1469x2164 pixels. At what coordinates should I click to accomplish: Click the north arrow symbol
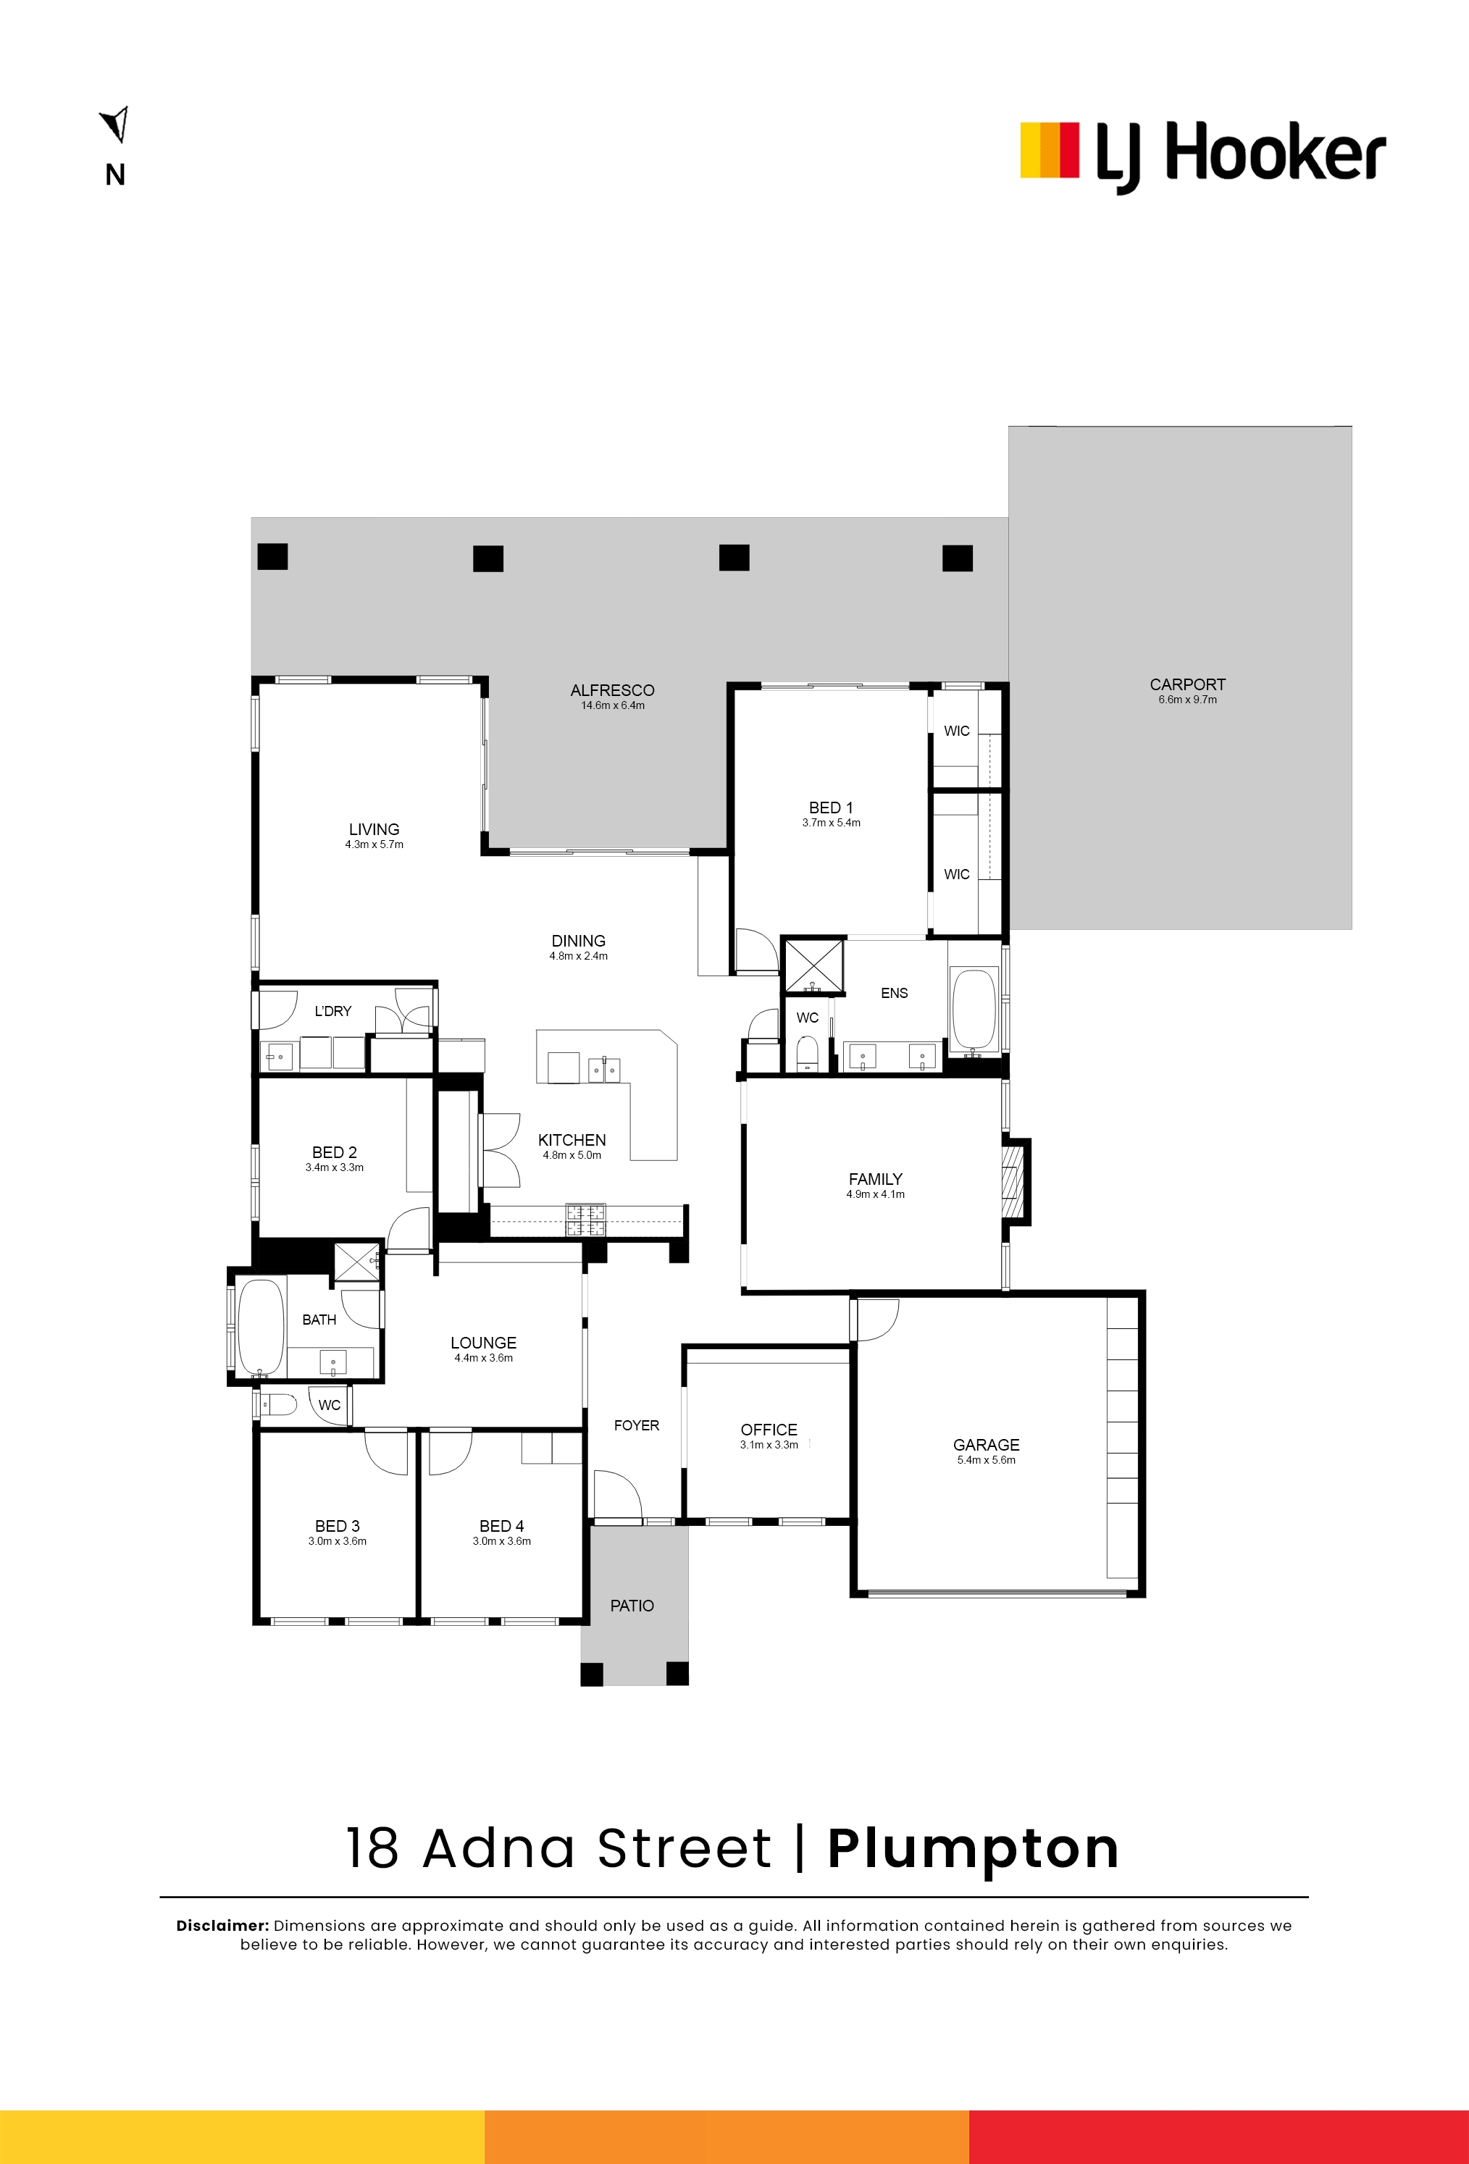pyautogui.click(x=115, y=124)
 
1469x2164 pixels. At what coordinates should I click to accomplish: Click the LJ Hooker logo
pyautogui.click(x=1202, y=156)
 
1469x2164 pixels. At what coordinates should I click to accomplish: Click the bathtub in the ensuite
pyautogui.click(x=974, y=1010)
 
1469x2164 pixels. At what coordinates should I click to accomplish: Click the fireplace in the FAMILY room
pyautogui.click(x=1013, y=1180)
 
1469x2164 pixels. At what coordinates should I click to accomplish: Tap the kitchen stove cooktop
pyautogui.click(x=586, y=1220)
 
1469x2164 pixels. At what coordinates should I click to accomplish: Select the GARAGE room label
pyautogui.click(x=986, y=1444)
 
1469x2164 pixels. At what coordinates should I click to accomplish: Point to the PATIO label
pyautogui.click(x=632, y=1606)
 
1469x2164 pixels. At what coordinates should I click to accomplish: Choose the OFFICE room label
pyautogui.click(x=769, y=1430)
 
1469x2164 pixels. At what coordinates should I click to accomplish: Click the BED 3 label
pyautogui.click(x=338, y=1526)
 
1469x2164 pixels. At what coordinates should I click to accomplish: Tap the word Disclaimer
pyautogui.click(x=222, y=1926)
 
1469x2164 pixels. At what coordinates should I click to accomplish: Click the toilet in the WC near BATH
pyautogui.click(x=277, y=1404)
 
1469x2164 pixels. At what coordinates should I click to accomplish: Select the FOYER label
pyautogui.click(x=636, y=1425)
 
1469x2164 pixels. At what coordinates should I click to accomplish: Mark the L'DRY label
pyautogui.click(x=332, y=1011)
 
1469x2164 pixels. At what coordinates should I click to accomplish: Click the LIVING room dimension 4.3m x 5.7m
pyautogui.click(x=374, y=844)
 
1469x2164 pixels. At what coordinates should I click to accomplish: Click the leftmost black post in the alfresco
pyautogui.click(x=273, y=557)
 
